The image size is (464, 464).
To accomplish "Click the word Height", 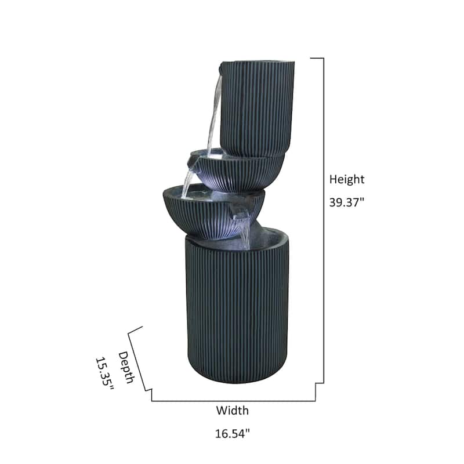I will click(x=347, y=180).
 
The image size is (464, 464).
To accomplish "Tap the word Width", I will click(x=233, y=411).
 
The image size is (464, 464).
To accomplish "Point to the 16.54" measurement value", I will click(x=233, y=433).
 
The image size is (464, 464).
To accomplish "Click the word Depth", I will click(x=126, y=367).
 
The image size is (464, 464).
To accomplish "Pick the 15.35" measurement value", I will click(x=105, y=374).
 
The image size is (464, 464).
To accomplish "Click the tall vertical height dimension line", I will click(x=323, y=220).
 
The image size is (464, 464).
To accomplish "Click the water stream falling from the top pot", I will click(x=214, y=116).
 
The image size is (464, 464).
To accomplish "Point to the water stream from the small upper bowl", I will click(x=188, y=181).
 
